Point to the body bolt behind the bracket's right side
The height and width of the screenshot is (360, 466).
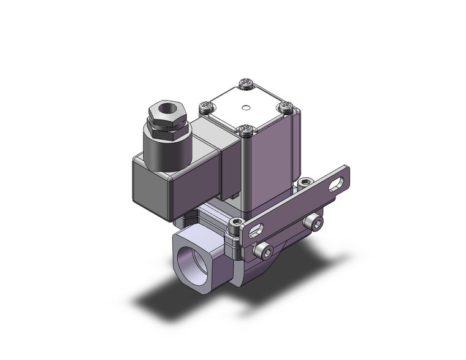tap(305, 182)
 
